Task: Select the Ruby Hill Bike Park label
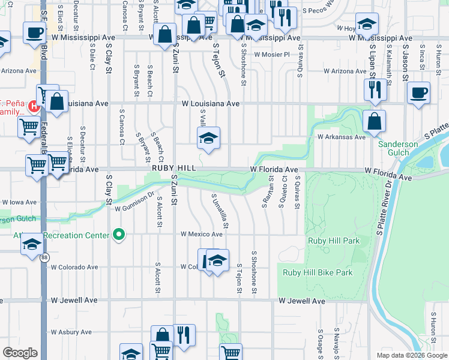coord(318,272)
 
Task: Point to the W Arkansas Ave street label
coord(341,137)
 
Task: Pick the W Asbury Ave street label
coord(71,332)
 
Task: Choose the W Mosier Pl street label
coord(272,55)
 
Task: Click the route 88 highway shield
coord(45,257)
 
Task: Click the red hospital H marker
coord(34,107)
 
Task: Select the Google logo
coord(20,353)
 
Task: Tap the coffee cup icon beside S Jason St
coord(418,94)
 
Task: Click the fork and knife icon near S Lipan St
coord(375,90)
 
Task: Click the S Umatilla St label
coord(220,211)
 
